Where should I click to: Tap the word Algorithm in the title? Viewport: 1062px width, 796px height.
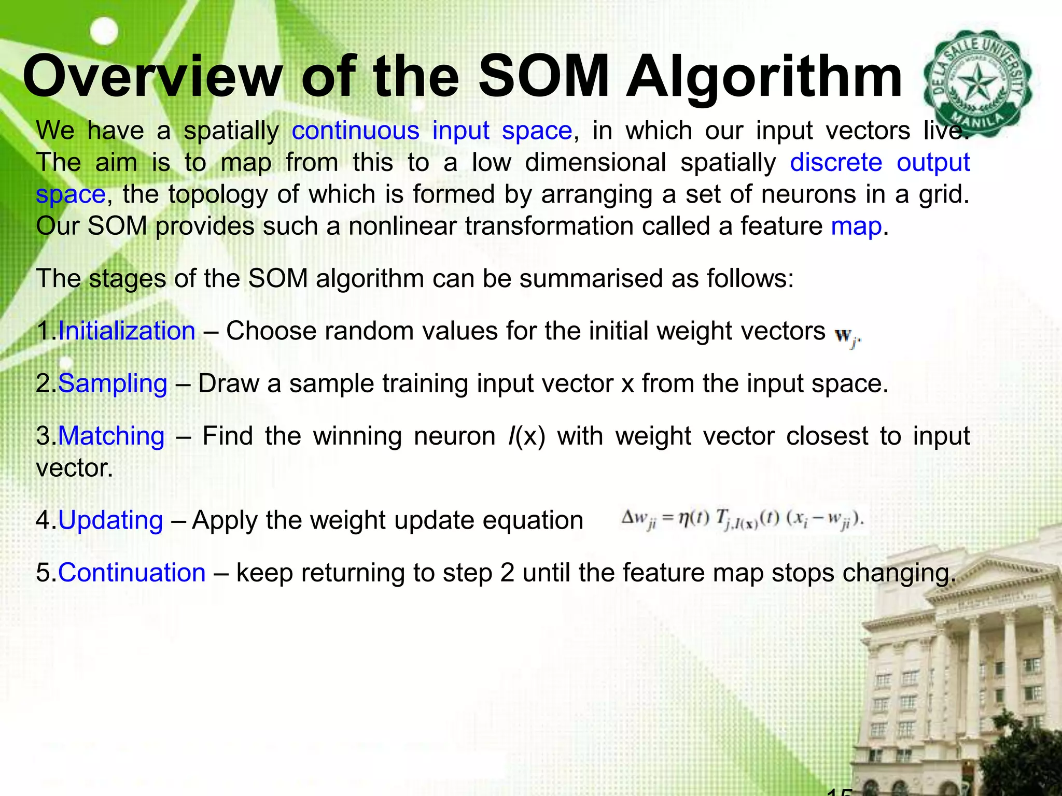coord(764,78)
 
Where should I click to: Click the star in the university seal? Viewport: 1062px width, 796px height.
coord(977,83)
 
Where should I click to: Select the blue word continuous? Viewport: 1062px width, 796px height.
coord(355,130)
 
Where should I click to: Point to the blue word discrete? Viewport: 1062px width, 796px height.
coord(836,162)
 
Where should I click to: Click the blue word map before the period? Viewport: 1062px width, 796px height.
coord(856,226)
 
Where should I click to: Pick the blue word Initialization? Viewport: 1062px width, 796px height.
coord(127,331)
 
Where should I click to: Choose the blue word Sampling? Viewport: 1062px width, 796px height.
coord(113,384)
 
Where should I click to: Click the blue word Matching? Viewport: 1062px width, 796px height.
coord(111,436)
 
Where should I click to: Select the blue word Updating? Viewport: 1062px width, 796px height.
coord(110,520)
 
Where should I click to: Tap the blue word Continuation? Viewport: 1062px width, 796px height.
coord(132,573)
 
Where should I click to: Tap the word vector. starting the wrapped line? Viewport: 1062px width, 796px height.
coord(74,468)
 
